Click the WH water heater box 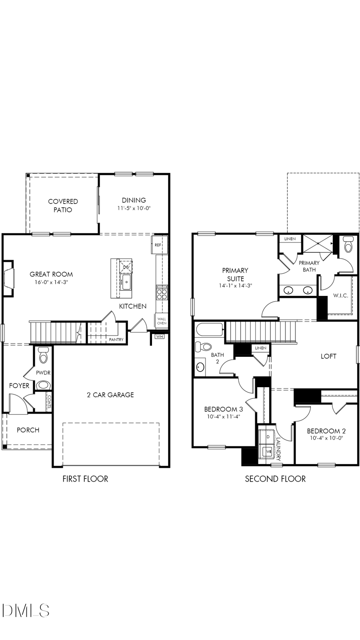[160, 336]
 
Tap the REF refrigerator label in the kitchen [158, 245]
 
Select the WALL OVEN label [162, 321]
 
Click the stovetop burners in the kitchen [162, 294]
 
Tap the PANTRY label [116, 340]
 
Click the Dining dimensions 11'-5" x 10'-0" [134, 208]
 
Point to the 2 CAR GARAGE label [110, 395]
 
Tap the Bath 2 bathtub [209, 331]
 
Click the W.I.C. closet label [340, 296]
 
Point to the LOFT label [328, 356]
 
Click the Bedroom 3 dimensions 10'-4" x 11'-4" [223, 416]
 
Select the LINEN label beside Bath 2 [260, 348]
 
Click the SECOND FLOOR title [275, 479]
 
